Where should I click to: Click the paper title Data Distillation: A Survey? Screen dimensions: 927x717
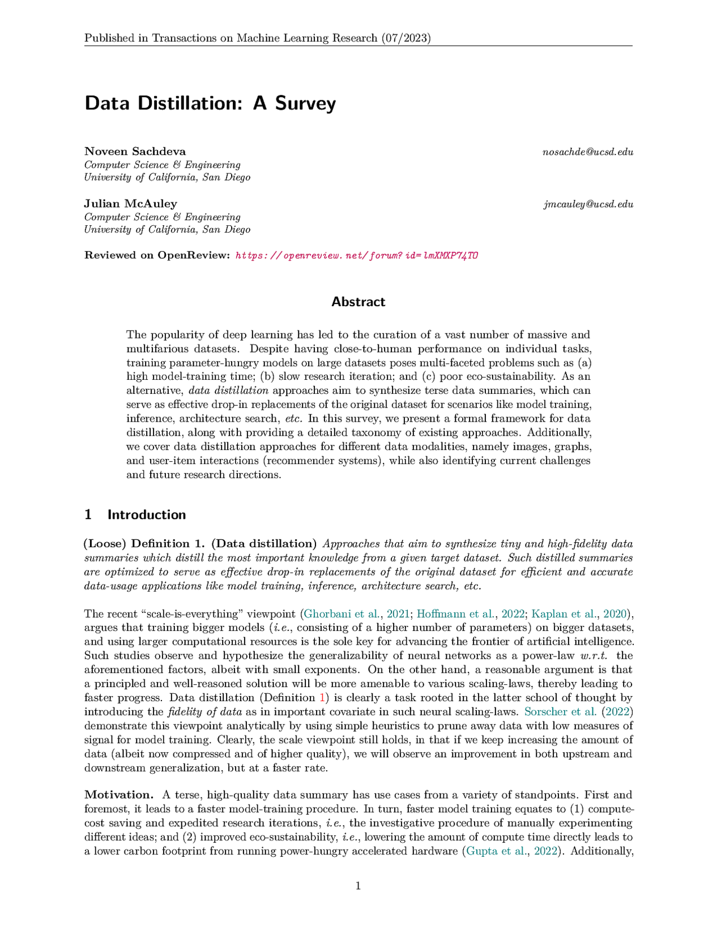[210, 104]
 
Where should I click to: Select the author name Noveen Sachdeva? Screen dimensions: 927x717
[135, 151]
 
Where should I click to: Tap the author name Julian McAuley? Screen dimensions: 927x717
[130, 203]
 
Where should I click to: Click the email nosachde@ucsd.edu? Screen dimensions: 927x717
[587, 152]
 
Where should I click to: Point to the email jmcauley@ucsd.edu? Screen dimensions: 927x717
[588, 204]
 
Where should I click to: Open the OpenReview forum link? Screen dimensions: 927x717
[356, 255]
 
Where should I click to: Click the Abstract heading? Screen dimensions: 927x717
[358, 302]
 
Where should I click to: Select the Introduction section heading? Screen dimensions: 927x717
[146, 514]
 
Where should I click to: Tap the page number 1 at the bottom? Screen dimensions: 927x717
[358, 886]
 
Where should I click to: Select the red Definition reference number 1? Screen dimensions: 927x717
[323, 697]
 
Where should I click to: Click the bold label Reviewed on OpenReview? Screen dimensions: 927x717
[157, 255]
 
